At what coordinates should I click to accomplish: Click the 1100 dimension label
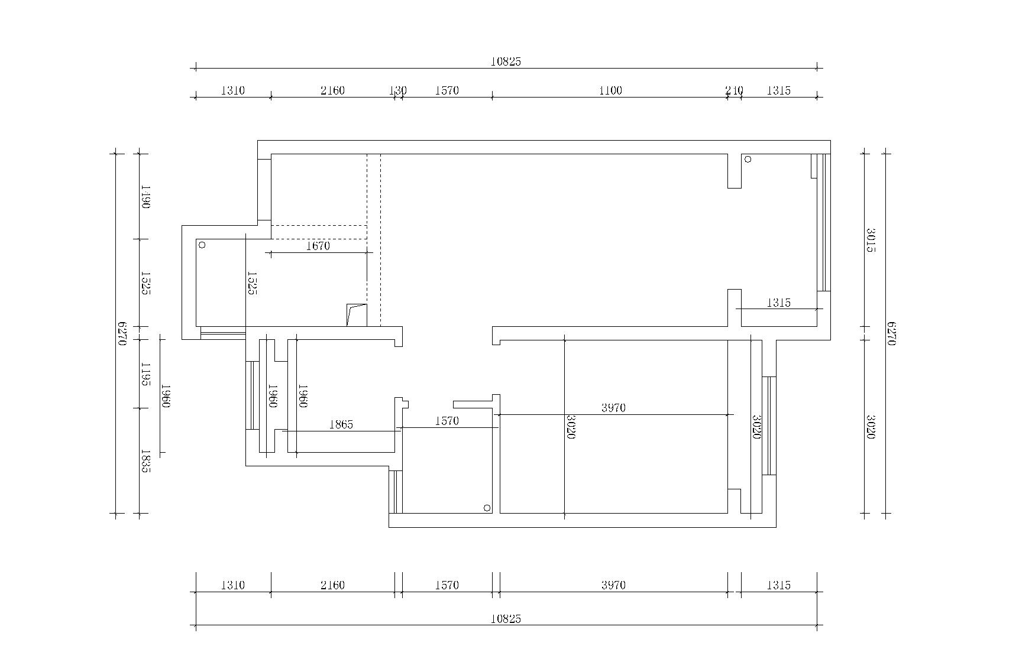610,90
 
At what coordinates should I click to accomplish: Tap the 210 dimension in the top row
734,90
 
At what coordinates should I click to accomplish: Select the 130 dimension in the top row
398,90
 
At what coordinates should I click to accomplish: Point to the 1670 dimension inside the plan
318,246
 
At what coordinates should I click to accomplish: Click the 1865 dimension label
341,424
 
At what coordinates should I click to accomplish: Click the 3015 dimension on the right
871,240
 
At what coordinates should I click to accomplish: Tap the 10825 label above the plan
506,61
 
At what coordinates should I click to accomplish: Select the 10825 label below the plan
506,619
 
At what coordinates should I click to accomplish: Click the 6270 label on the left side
123,333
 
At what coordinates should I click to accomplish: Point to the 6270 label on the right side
892,333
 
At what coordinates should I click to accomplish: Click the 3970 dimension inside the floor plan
613,408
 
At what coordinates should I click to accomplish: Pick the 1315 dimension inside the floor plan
778,303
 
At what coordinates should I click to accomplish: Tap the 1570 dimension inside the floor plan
447,421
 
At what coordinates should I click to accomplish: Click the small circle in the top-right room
748,159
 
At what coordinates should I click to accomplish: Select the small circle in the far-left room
202,245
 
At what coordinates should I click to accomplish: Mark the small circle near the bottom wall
487,508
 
